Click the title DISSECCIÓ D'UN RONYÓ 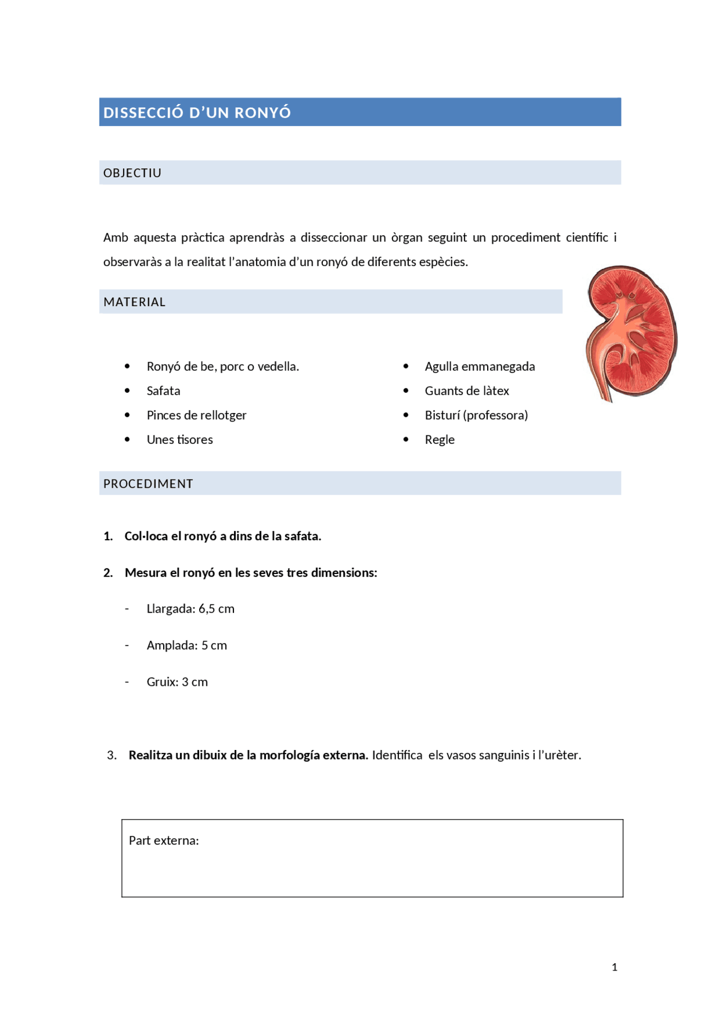[197, 113]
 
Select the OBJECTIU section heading [132, 173]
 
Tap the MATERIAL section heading [134, 302]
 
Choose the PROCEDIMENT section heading [148, 484]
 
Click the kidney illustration [631, 333]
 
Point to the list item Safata [163, 391]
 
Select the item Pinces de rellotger [196, 415]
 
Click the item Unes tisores [179, 440]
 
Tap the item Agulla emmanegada [479, 367]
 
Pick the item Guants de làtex [466, 391]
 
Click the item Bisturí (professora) [476, 415]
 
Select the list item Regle [439, 440]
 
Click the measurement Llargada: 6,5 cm [190, 609]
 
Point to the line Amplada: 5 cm [187, 645]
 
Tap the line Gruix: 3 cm [177, 682]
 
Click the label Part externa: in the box [164, 841]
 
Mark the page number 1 [614, 967]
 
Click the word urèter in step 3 [562, 755]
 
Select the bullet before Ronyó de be [127, 366]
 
